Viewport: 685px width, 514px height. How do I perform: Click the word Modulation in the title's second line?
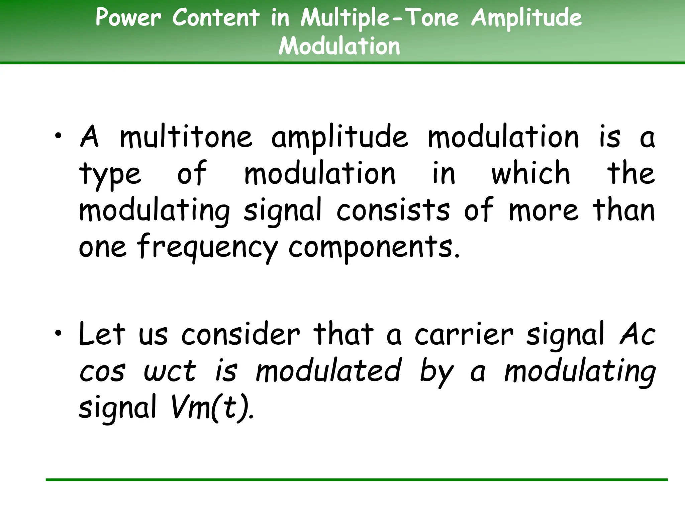coord(339,46)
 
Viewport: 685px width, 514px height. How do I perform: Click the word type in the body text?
coord(110,174)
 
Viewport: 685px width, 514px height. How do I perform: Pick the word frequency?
coord(207,248)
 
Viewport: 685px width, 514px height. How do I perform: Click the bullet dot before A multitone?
coord(59,136)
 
